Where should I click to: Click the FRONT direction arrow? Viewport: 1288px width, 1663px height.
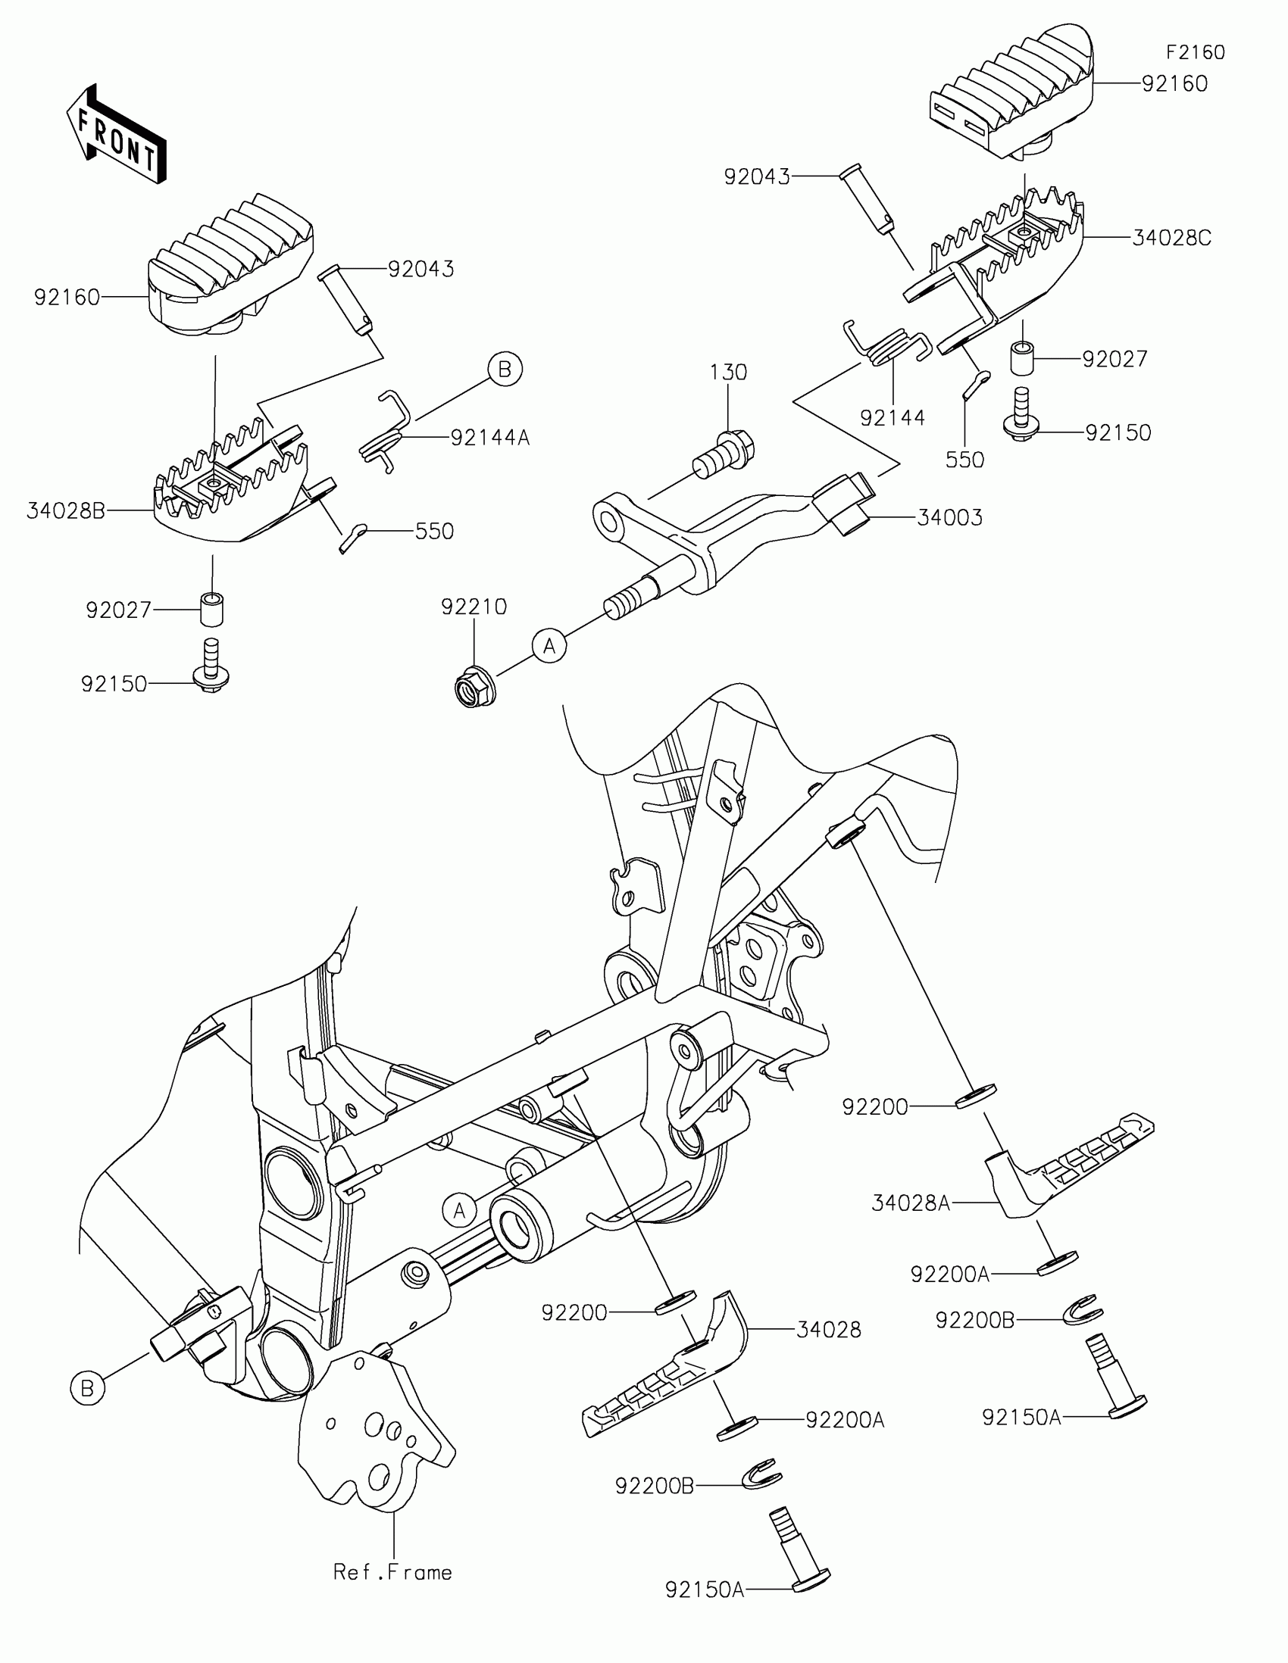coord(116,134)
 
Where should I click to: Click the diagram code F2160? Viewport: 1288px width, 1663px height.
coord(1196,52)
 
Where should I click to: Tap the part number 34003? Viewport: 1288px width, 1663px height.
coord(949,518)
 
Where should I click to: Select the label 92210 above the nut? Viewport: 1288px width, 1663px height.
coord(474,607)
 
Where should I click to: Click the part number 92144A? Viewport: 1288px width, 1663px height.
coord(489,438)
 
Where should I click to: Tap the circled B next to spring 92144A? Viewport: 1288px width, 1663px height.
coord(505,370)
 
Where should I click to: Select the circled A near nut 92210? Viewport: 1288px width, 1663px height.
coord(549,647)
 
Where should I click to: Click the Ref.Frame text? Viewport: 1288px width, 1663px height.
coord(393,1572)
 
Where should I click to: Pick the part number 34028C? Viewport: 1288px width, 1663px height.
coord(1171,239)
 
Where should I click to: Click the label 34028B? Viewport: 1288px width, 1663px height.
coord(66,511)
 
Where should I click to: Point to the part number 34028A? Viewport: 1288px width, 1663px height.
coord(911,1203)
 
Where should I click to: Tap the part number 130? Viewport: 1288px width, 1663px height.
coord(728,373)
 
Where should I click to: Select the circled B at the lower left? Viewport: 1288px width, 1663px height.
coord(88,1388)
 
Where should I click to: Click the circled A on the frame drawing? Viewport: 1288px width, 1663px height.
coord(459,1211)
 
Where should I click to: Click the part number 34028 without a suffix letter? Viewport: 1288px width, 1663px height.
coord(829,1330)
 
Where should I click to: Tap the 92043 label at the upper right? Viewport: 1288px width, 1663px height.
coord(756,177)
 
